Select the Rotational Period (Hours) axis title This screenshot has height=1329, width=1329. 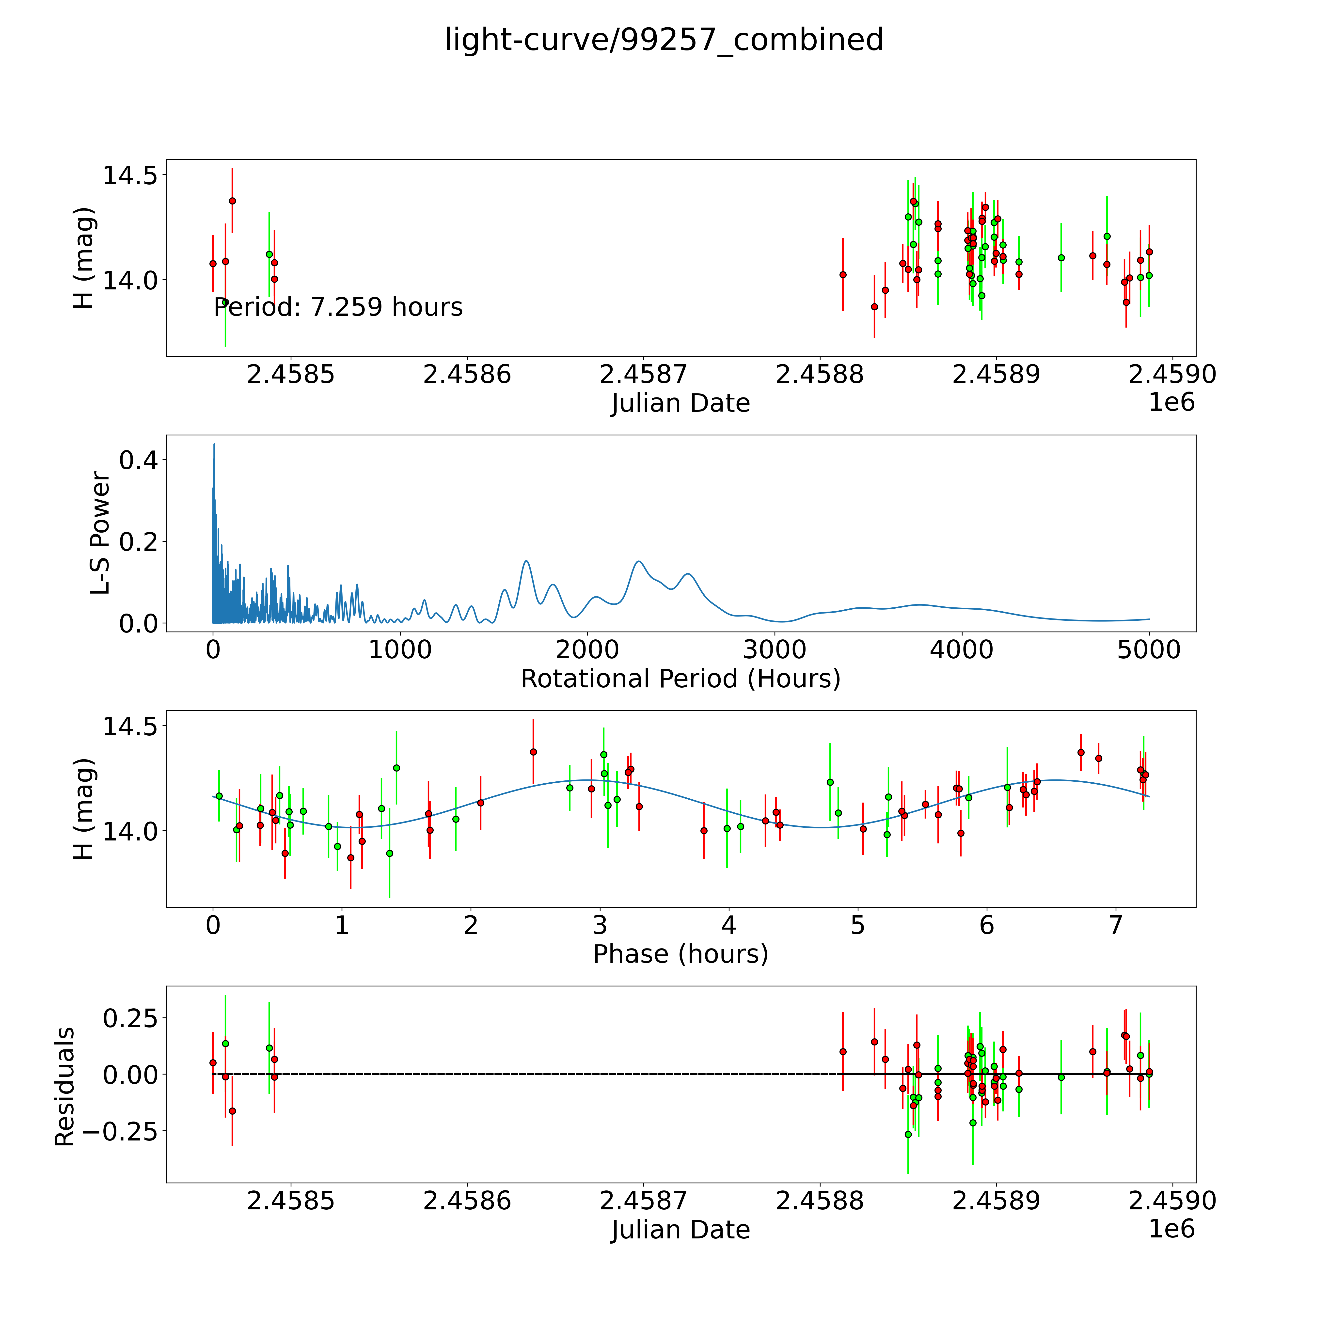(x=680, y=679)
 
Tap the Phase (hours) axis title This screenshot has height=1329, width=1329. (x=680, y=954)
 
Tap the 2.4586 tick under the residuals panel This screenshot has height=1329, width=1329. (x=467, y=1201)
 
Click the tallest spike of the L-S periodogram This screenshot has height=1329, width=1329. (x=214, y=444)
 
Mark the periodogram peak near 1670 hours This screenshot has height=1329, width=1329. (x=526, y=561)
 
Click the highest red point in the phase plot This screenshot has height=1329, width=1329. (x=533, y=752)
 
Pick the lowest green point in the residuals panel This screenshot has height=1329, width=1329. (x=908, y=1134)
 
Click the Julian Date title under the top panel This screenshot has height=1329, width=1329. (x=680, y=403)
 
